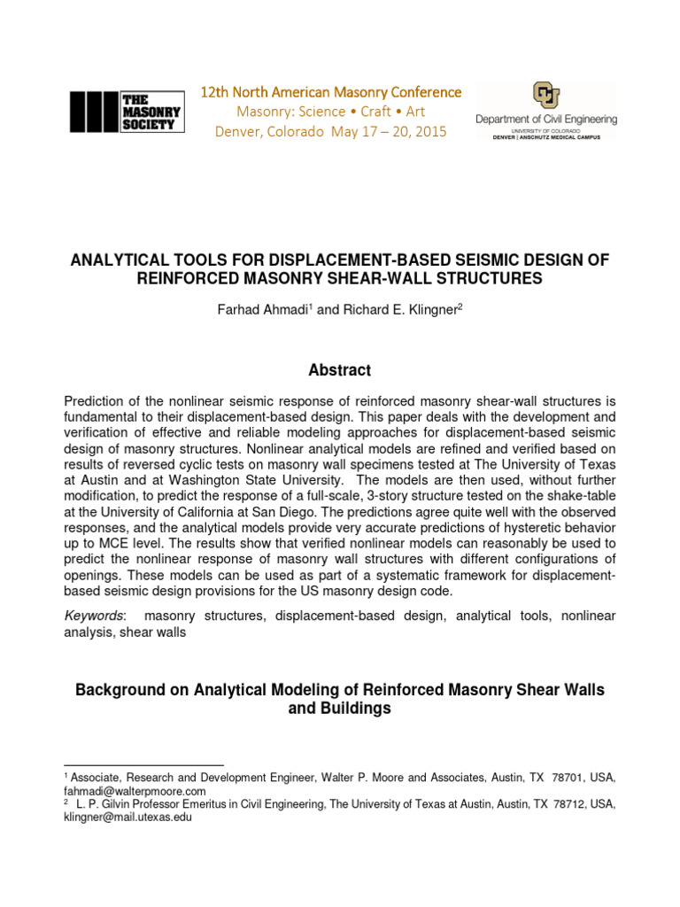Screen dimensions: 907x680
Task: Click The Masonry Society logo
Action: click(x=127, y=112)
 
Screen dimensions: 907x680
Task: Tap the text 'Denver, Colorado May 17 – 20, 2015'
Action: click(x=331, y=132)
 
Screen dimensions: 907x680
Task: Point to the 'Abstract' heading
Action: click(x=339, y=370)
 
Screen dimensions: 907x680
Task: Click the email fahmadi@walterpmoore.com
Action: click(x=134, y=790)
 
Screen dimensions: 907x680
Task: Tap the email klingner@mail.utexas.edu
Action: click(x=127, y=818)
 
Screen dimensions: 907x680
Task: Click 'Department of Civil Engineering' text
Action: click(x=546, y=119)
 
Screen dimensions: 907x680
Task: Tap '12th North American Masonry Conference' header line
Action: click(x=331, y=92)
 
